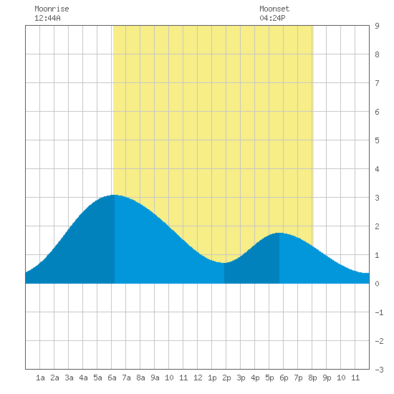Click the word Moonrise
coord(52,9)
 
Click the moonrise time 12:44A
coord(47,18)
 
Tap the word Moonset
coord(274,9)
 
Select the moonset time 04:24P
coord(272,18)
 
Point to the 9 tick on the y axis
coord(377,26)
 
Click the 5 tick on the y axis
coord(377,140)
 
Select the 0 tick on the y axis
coord(377,284)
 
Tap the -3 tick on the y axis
coord(379,370)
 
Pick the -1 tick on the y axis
coord(379,312)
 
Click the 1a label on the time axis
coord(40,378)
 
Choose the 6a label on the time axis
coord(112,378)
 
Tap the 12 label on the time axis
coord(198,378)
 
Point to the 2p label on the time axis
coord(226,378)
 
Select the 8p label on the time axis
coord(312,378)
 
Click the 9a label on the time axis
coord(155,378)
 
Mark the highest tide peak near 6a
coord(115,195)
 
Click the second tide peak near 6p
coord(279,233)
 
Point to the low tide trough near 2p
coord(224,263)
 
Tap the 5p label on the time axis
coord(269,378)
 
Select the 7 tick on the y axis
coord(377,83)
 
